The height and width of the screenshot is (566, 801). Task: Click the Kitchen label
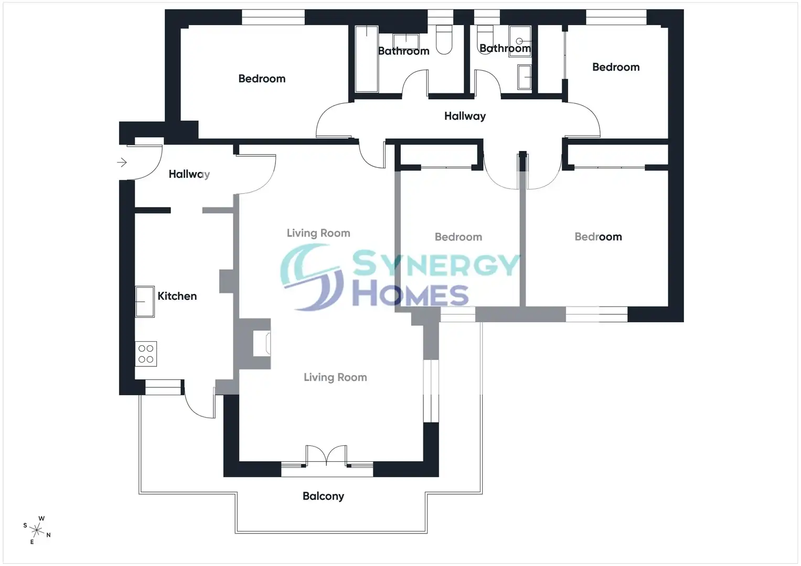tap(177, 296)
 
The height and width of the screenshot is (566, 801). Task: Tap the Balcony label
tap(323, 496)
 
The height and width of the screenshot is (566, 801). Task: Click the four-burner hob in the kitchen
tap(146, 354)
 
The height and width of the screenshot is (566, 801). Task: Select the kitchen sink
tap(145, 301)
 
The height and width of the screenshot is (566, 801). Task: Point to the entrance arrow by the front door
tap(122, 162)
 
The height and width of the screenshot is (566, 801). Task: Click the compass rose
tap(37, 530)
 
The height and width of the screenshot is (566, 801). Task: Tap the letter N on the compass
tap(48, 535)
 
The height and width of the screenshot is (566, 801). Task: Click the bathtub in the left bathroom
tap(367, 59)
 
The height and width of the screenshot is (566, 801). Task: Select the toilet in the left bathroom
tap(444, 40)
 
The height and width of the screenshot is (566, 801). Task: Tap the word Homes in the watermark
tap(411, 295)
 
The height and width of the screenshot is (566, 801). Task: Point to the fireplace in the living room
tap(262, 343)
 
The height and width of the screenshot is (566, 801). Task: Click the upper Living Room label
tap(318, 233)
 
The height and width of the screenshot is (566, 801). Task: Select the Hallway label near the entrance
tap(189, 174)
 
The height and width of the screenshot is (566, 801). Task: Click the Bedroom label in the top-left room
tap(262, 79)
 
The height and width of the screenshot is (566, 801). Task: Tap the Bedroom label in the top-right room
tap(616, 67)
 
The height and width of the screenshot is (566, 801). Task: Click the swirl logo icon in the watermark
tap(312, 277)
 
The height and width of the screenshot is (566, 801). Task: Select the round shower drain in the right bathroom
tap(519, 41)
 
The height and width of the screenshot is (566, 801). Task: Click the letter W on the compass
tap(41, 518)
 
